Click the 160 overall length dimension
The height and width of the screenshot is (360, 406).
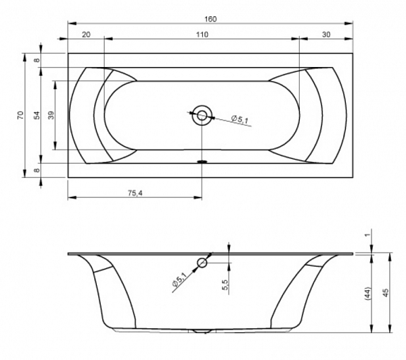click(210, 19)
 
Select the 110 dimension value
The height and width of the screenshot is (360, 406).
click(202, 35)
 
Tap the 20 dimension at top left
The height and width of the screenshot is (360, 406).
click(86, 35)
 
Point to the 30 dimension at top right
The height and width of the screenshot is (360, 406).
click(327, 35)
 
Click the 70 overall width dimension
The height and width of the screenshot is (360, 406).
click(20, 115)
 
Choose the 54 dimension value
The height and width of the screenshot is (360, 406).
click(38, 115)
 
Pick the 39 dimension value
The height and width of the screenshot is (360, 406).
click(51, 115)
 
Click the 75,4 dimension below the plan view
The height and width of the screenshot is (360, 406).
click(135, 193)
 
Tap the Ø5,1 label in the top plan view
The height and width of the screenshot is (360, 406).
click(240, 120)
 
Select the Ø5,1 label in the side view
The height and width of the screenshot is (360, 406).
click(179, 279)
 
